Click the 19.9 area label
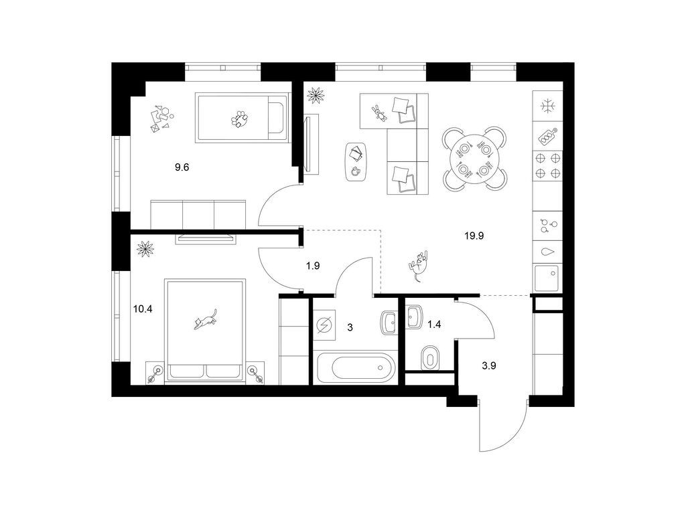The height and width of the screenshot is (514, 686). tap(474, 236)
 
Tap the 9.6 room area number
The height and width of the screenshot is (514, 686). tap(182, 167)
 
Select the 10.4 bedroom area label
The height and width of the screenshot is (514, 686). tap(143, 309)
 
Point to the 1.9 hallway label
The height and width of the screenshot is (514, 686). tap(313, 265)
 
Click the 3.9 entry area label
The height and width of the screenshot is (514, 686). tap(488, 366)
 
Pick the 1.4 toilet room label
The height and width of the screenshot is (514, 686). tap(433, 325)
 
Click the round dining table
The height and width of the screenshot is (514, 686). tap(476, 158)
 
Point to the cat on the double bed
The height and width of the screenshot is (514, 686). tap(206, 319)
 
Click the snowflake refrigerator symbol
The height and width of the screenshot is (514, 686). tap(547, 106)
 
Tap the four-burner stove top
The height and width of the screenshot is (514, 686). tap(547, 165)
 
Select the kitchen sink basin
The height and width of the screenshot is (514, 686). tap(547, 278)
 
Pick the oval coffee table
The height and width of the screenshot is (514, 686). tap(356, 162)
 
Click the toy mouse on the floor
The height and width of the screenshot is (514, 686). tap(418, 265)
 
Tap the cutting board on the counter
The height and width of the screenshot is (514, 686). tap(547, 136)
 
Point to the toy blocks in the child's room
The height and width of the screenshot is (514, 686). tap(161, 118)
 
